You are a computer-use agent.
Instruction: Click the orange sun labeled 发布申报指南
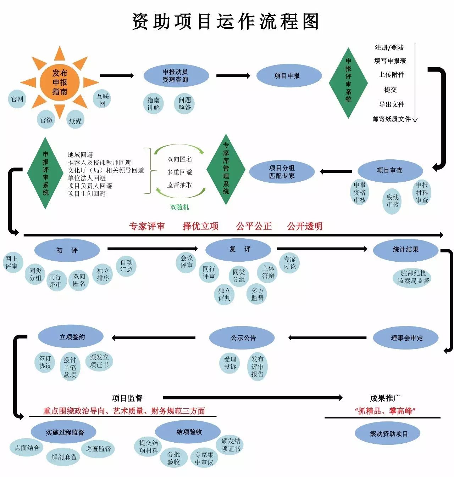(x=60, y=82)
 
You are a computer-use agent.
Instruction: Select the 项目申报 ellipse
(x=287, y=76)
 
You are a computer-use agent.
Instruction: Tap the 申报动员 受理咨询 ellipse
(x=175, y=76)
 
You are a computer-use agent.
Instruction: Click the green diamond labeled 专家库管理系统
(x=226, y=169)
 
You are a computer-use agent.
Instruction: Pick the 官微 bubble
(x=46, y=120)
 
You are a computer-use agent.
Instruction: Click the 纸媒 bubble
(x=75, y=121)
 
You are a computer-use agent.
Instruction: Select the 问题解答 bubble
(x=184, y=104)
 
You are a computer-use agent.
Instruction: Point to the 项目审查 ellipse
(x=389, y=171)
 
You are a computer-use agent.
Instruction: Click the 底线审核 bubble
(x=392, y=201)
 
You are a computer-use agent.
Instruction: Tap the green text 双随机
(x=179, y=207)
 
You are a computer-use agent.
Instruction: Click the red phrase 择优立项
(x=200, y=226)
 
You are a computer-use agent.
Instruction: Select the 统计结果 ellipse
(x=405, y=250)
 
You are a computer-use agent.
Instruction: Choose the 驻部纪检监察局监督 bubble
(x=413, y=277)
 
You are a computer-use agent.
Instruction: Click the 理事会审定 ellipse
(x=406, y=338)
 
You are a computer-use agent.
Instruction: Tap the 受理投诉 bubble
(x=230, y=363)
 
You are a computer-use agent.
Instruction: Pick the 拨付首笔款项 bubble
(x=70, y=367)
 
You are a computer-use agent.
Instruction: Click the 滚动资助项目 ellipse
(x=389, y=434)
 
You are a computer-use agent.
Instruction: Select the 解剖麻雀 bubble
(x=64, y=457)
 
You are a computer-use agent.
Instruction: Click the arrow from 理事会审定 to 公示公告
(x=327, y=338)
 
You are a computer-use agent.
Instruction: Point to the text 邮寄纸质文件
(x=392, y=119)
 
